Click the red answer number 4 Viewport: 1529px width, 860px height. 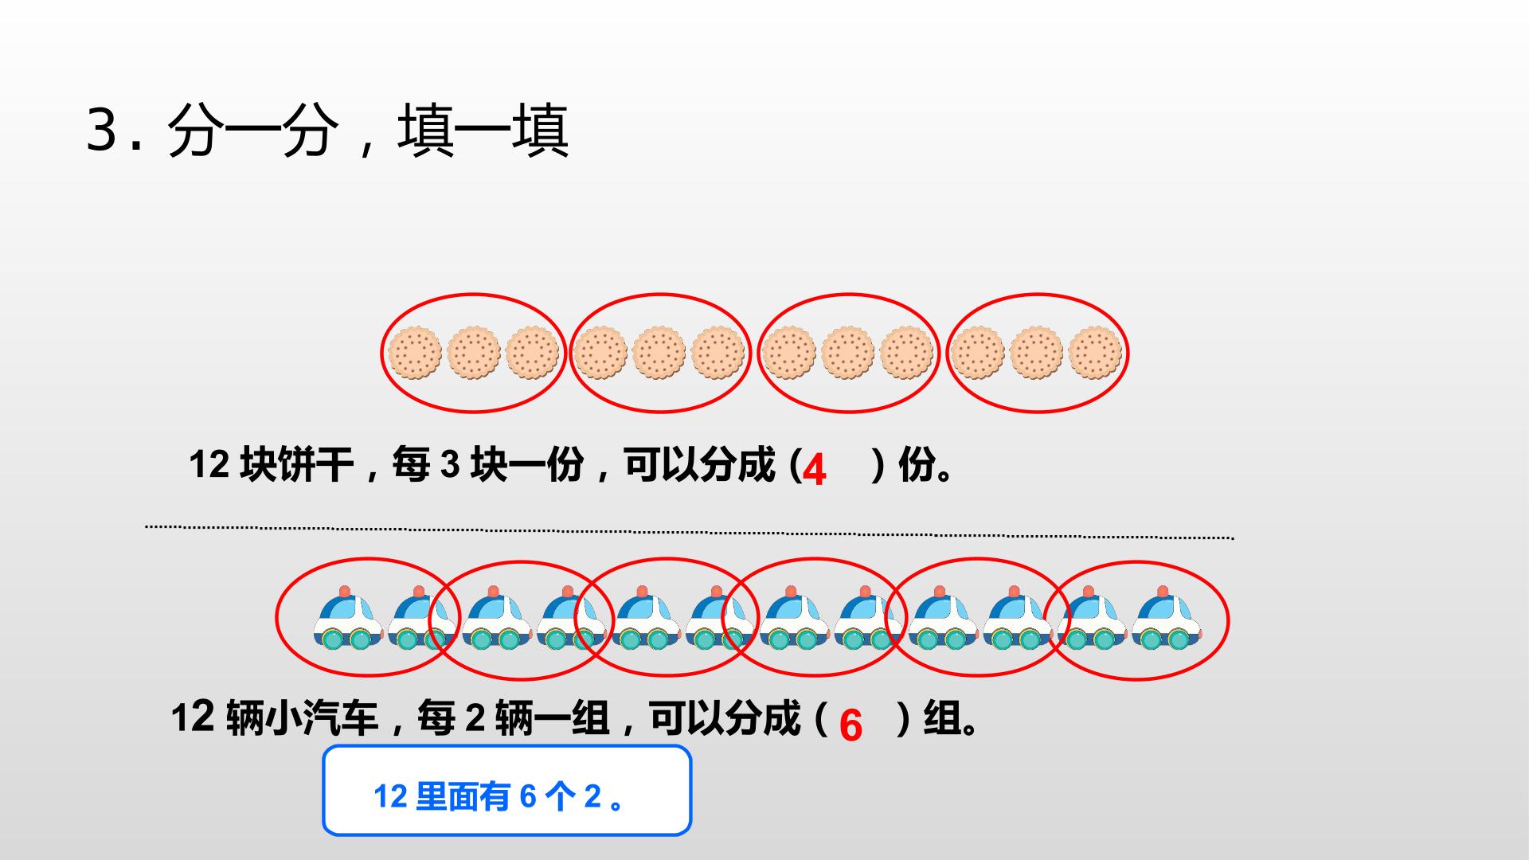coord(814,470)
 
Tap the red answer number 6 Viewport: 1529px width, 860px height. coord(851,725)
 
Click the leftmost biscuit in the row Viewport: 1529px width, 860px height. coord(414,352)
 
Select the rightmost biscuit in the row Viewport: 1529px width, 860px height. coord(1095,352)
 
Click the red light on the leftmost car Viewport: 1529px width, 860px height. coord(344,592)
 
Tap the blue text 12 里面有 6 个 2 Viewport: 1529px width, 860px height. coord(500,796)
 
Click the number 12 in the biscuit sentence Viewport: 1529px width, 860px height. coord(209,464)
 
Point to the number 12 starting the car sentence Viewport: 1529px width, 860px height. coord(193,718)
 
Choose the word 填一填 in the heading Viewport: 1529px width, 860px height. coord(483,131)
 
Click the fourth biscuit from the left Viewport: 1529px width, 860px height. coord(600,352)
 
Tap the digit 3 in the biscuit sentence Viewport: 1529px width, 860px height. coord(451,464)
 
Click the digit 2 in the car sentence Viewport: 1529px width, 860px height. coord(475,718)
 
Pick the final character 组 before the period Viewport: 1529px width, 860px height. coord(941,718)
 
